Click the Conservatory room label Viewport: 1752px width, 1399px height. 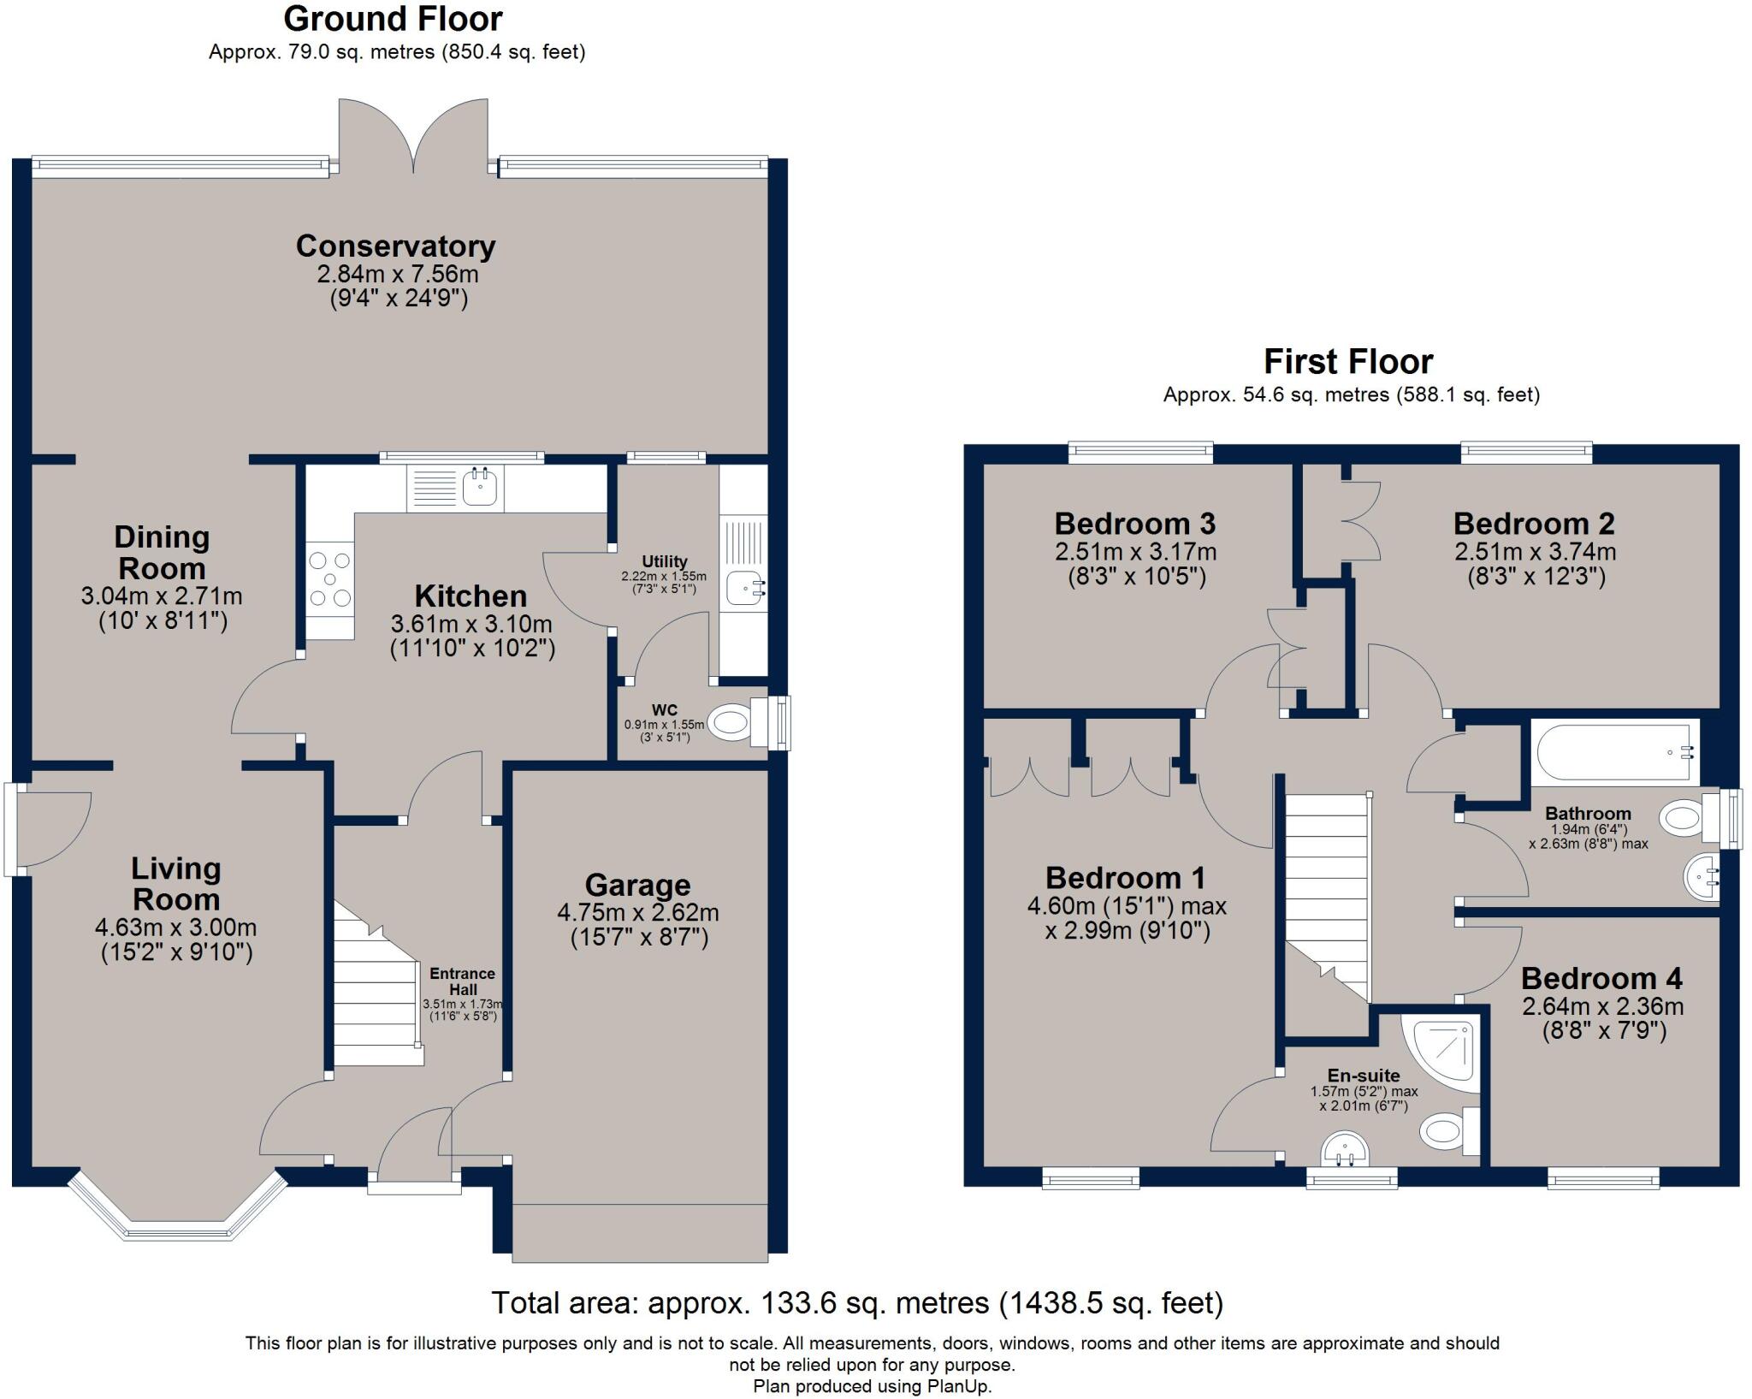pyautogui.click(x=395, y=246)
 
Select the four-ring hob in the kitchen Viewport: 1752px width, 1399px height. pyautogui.click(x=330, y=579)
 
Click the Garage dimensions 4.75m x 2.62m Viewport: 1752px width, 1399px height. pyautogui.click(x=637, y=912)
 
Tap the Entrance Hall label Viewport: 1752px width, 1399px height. pyautogui.click(x=462, y=981)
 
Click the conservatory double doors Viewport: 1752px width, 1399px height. pyautogui.click(x=414, y=137)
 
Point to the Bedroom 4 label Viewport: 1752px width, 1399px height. pyautogui.click(x=1601, y=977)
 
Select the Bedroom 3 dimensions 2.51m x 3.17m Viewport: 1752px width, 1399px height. pyautogui.click(x=1135, y=552)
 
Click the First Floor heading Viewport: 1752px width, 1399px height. pyautogui.click(x=1348, y=361)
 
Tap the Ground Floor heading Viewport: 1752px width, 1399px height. pyautogui.click(x=393, y=18)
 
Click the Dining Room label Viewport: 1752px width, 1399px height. pyautogui.click(x=162, y=553)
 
